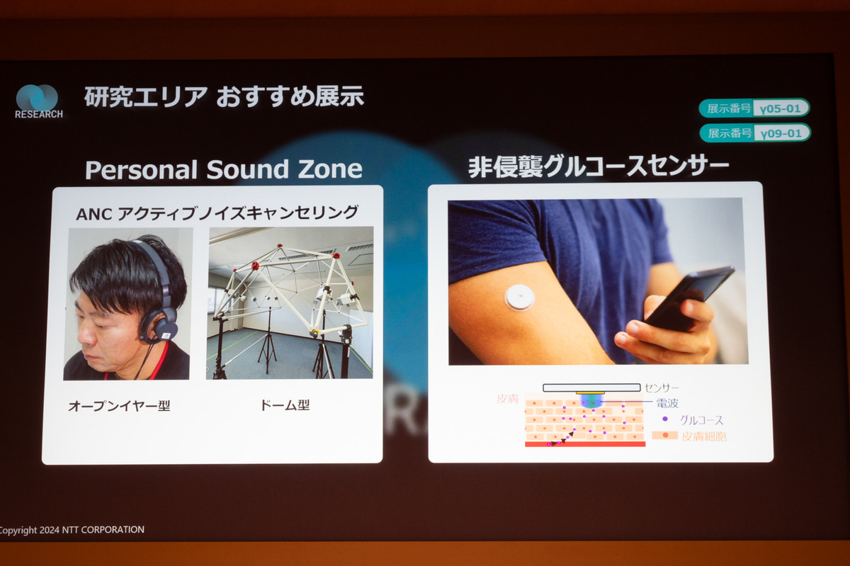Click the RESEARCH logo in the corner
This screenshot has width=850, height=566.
[x=38, y=101]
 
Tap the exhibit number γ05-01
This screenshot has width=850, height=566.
[x=781, y=108]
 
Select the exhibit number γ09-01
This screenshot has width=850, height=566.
[x=781, y=133]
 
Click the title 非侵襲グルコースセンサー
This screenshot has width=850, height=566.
[x=599, y=167]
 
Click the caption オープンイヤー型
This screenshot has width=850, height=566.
[x=119, y=406]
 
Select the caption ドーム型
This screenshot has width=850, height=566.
[x=285, y=406]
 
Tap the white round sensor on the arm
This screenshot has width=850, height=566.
[x=520, y=297]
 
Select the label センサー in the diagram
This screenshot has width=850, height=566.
[x=662, y=387]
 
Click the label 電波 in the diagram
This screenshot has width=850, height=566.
[x=667, y=403]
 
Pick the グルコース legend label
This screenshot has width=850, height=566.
[x=701, y=419]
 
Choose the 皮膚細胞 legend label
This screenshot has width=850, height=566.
[x=703, y=436]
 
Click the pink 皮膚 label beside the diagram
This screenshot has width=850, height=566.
[x=507, y=399]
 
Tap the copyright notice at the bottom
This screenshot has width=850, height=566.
[x=72, y=530]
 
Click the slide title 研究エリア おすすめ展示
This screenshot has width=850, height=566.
[x=224, y=97]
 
